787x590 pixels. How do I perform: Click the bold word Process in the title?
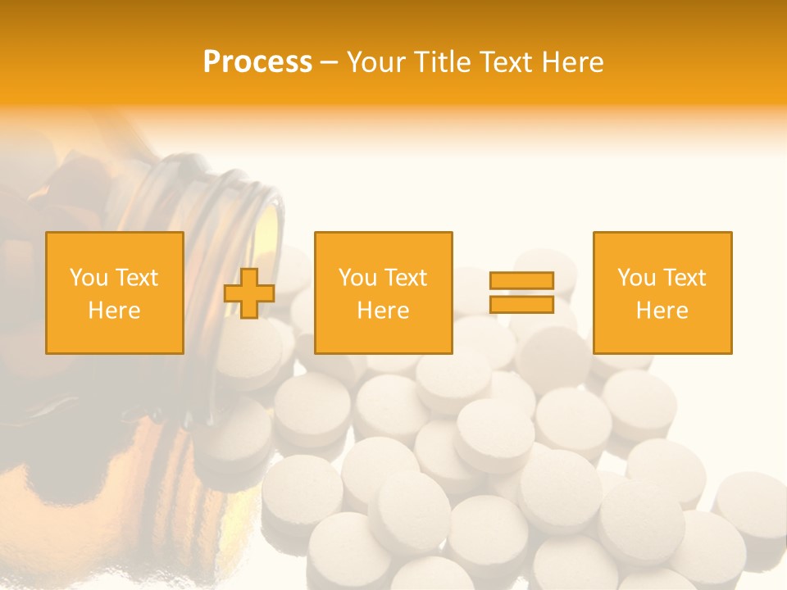pos(257,62)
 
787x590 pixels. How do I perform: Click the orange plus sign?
pos(249,293)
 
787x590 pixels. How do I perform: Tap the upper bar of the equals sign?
pos(521,281)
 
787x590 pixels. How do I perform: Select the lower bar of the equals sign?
pos(521,304)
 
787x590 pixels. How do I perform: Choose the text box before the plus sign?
pos(115,293)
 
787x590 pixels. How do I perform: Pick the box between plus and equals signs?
pos(384,293)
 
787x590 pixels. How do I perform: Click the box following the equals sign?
pos(662,293)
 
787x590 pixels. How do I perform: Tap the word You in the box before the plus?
pos(89,278)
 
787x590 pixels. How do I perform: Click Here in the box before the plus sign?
pos(115,311)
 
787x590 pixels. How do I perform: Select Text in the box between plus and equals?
pos(406,278)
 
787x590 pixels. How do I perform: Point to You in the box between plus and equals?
pos(357,278)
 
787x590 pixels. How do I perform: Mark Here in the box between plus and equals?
pos(384,311)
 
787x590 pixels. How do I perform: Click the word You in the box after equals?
pos(636,278)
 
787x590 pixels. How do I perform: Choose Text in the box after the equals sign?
pos(685,278)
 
